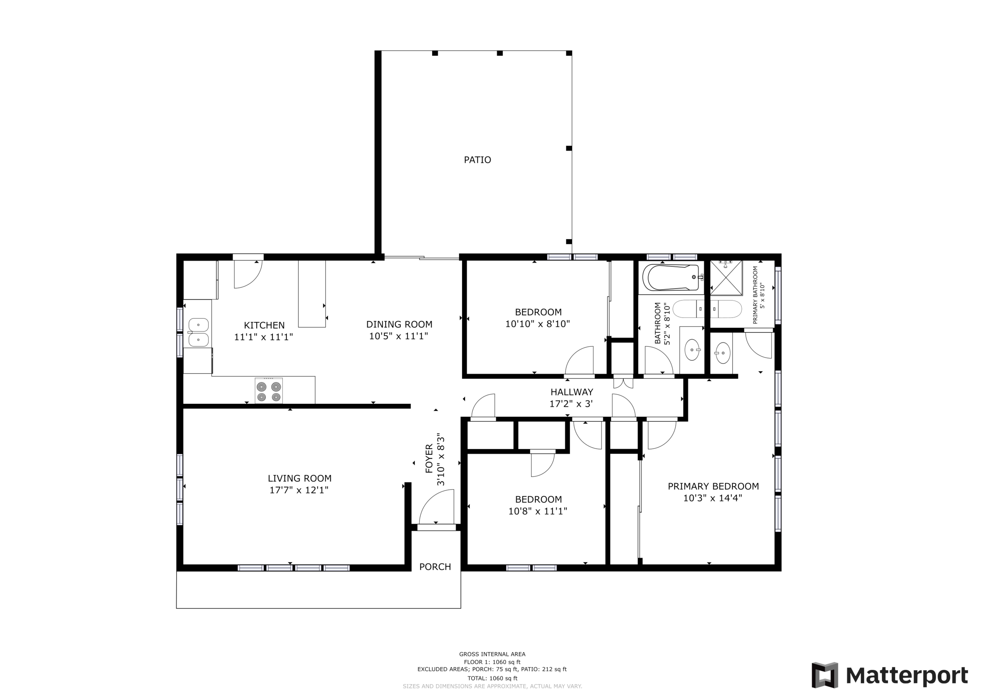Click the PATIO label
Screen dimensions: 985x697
(478, 160)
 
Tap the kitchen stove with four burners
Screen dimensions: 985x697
(269, 391)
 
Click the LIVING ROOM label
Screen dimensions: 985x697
(299, 478)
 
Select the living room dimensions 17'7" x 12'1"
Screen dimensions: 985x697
(299, 490)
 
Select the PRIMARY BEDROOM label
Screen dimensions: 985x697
(713, 486)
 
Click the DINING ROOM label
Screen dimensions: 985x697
(399, 324)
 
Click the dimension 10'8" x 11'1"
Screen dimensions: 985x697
(538, 511)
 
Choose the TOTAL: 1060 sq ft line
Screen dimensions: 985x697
(492, 678)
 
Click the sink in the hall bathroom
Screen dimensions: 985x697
(692, 350)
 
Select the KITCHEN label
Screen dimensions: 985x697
(264, 325)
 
